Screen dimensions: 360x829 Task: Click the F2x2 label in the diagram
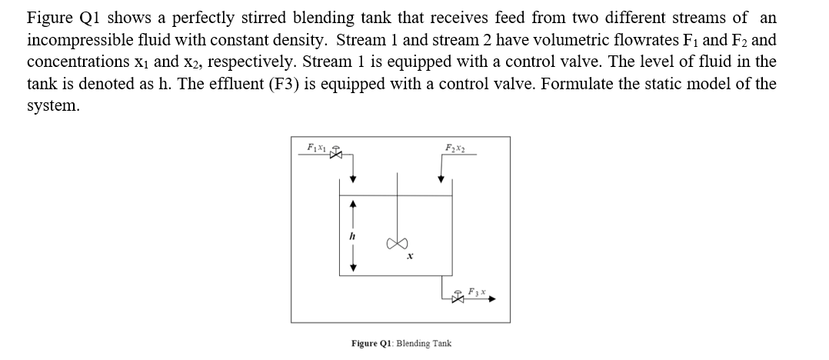click(x=454, y=147)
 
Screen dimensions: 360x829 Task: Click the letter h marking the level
click(x=352, y=237)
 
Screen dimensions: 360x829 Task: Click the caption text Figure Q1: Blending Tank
click(x=401, y=343)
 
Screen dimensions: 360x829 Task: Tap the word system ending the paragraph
click(x=52, y=105)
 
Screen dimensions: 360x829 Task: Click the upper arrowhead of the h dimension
click(x=352, y=205)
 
